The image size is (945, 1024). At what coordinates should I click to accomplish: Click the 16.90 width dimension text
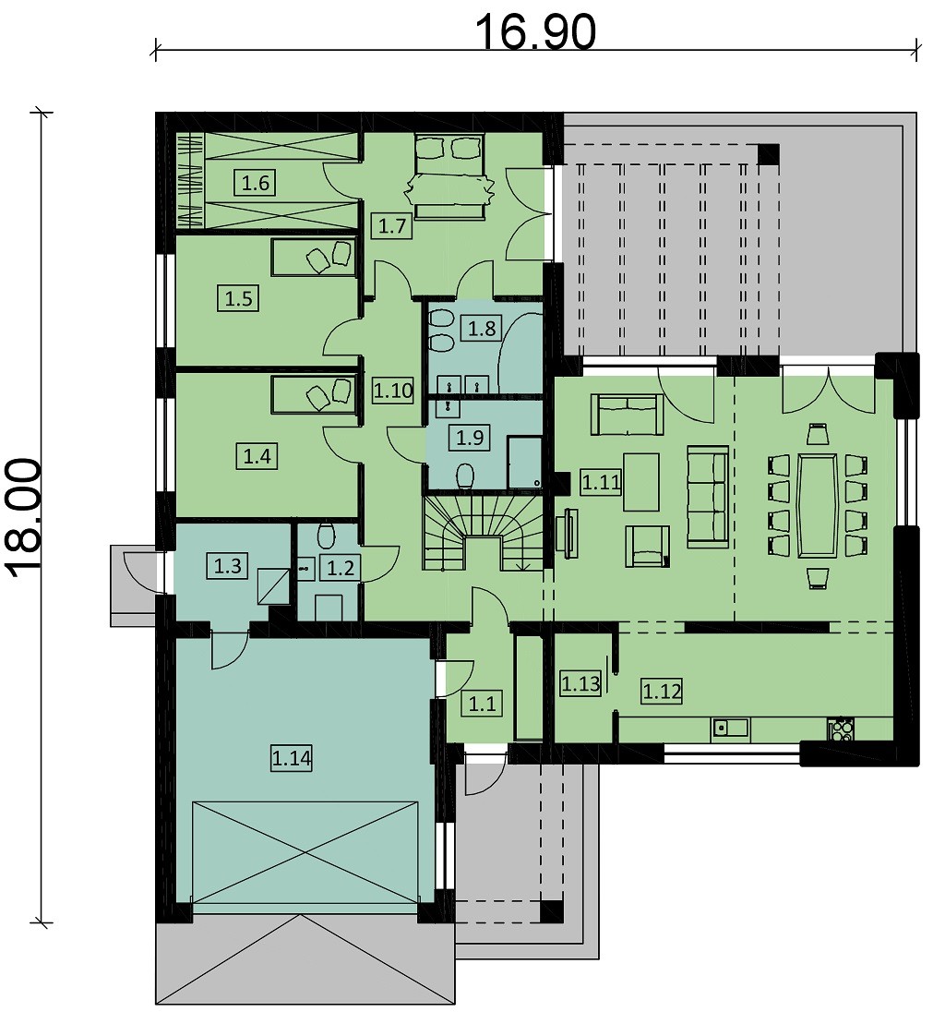tap(534, 32)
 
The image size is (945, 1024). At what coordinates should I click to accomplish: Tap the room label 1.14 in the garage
tap(292, 759)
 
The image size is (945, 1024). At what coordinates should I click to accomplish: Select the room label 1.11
tap(601, 483)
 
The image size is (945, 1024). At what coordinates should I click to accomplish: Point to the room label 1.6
tap(256, 183)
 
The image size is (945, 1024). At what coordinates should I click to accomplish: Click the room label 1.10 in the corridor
tap(393, 391)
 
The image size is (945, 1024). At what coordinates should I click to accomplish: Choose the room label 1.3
tap(228, 565)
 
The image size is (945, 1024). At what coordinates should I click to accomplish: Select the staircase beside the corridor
tap(484, 532)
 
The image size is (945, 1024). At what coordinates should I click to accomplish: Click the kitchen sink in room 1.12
tap(731, 728)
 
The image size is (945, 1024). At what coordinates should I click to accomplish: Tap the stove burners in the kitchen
tap(840, 729)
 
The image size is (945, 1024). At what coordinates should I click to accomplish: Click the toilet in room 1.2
tap(326, 536)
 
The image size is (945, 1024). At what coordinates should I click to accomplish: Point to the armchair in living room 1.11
tap(646, 546)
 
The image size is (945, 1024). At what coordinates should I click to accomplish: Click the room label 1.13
tap(580, 684)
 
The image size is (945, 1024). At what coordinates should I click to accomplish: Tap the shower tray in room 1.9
tap(525, 463)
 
